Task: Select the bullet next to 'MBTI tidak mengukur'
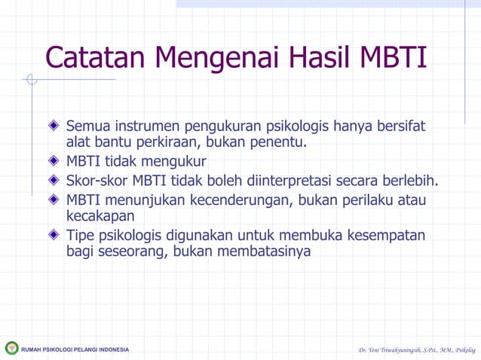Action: tap(54, 161)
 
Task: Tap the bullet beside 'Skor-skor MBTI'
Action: tap(54, 181)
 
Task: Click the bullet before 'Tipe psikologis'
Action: tap(54, 235)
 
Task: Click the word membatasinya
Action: tap(264, 252)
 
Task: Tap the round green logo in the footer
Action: tap(11, 348)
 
